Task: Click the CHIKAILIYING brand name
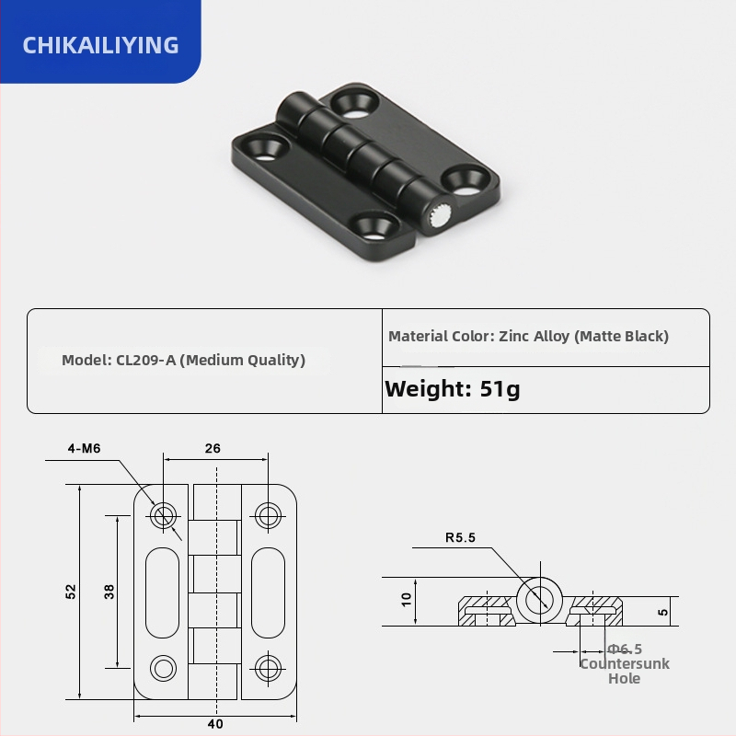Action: coord(100,44)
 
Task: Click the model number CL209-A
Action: coord(145,360)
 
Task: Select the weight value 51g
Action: coord(500,388)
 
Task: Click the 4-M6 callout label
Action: coord(84,449)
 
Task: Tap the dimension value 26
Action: coord(213,449)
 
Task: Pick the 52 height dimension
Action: coord(71,592)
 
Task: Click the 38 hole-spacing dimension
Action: coord(109,592)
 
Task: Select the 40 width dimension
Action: coord(215,724)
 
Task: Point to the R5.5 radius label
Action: coord(460,538)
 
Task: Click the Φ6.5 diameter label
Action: coord(625,649)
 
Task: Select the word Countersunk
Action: coord(625,663)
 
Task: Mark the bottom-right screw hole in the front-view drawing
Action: coord(268,667)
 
